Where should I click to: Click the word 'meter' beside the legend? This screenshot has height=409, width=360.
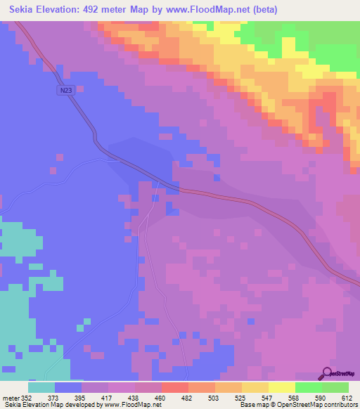point(11,398)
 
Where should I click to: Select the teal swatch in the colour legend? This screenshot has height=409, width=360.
point(41,387)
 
